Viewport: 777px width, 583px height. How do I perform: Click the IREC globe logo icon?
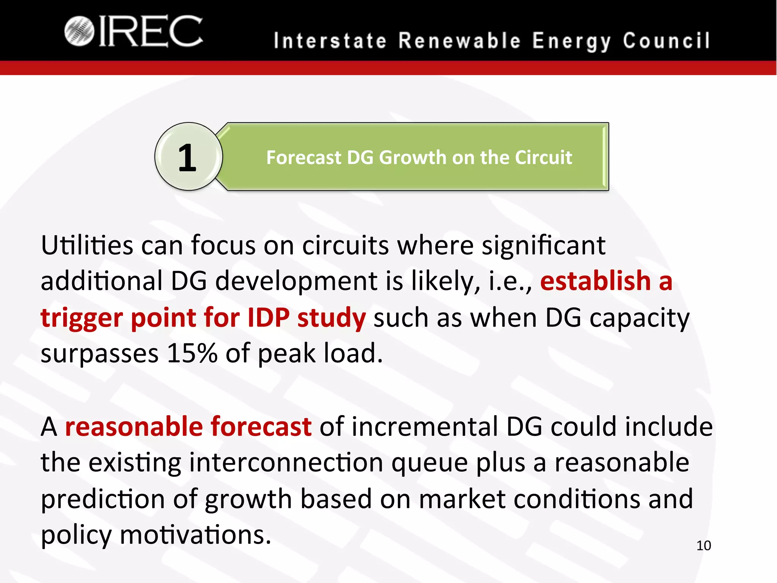[x=79, y=31]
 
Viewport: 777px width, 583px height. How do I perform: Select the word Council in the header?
[x=666, y=41]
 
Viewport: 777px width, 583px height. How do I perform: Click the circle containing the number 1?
[x=188, y=157]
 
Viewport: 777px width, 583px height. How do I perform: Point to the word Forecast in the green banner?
[x=304, y=158]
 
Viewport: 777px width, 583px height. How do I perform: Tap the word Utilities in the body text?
[x=87, y=245]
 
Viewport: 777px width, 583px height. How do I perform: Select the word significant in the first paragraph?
[x=543, y=246]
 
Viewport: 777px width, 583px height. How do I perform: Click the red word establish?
[x=595, y=281]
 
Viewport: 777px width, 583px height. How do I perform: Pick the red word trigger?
[x=82, y=318]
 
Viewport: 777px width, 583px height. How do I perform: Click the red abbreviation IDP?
[x=269, y=317]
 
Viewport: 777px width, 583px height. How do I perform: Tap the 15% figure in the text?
[x=192, y=353]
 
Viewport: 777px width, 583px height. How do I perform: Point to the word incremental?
[x=425, y=426]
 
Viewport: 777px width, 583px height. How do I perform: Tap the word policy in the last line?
[x=76, y=535]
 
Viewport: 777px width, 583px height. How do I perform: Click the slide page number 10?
[x=703, y=546]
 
